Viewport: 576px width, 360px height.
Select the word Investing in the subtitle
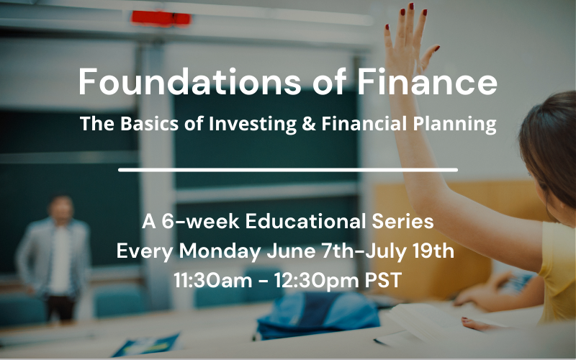point(249,124)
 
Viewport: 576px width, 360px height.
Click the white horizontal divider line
point(288,170)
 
